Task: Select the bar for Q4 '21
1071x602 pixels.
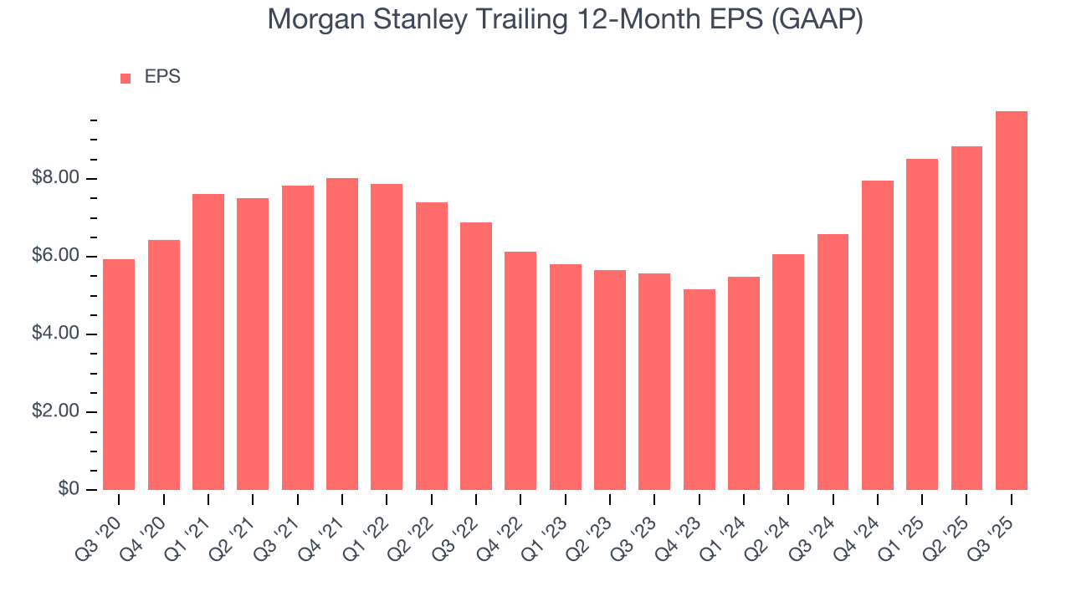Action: click(342, 334)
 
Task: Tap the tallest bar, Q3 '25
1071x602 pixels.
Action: click(1012, 300)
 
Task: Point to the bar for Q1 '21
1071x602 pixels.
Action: click(208, 342)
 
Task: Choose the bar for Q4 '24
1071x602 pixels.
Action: click(878, 335)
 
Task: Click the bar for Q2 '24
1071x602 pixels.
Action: click(788, 372)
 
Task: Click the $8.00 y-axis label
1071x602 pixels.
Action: click(55, 178)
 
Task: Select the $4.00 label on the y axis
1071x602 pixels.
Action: click(55, 334)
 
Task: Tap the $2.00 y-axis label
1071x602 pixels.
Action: click(55, 412)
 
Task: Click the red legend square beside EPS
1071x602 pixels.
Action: click(126, 78)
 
